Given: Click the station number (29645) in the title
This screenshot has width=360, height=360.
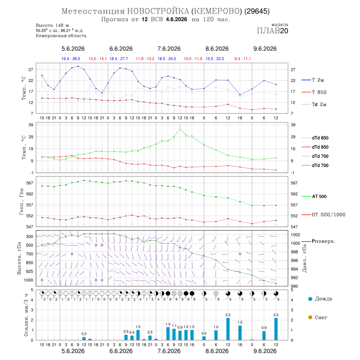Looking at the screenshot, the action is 257,11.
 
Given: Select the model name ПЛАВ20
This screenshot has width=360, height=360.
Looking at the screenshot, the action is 272,31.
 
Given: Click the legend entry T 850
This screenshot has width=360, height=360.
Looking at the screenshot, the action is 314,92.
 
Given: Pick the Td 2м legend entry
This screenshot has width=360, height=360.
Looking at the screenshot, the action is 314,104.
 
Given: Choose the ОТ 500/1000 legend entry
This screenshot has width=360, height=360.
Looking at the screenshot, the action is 324,215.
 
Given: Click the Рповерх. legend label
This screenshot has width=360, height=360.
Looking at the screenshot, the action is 318,241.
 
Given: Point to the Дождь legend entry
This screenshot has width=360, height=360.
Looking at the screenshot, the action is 320,299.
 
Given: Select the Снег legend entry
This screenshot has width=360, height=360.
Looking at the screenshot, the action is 318,317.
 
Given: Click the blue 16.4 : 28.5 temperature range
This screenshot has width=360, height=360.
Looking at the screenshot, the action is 71,59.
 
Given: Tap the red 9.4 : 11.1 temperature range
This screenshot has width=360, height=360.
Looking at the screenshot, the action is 242,59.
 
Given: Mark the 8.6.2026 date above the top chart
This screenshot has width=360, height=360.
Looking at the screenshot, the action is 217,49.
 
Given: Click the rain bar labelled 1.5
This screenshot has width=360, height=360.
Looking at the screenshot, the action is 240,333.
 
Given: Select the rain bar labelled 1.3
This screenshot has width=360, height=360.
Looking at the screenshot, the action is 168,334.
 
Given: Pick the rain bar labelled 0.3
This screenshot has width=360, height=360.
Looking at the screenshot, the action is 84,339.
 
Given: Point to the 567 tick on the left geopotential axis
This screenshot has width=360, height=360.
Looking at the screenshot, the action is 30,183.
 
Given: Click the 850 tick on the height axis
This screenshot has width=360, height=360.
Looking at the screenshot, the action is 29,263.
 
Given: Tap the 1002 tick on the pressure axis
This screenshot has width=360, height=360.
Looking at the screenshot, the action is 295,235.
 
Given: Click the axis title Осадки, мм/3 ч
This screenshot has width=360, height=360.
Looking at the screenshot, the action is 26,315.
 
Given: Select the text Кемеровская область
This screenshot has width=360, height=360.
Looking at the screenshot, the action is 61,36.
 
